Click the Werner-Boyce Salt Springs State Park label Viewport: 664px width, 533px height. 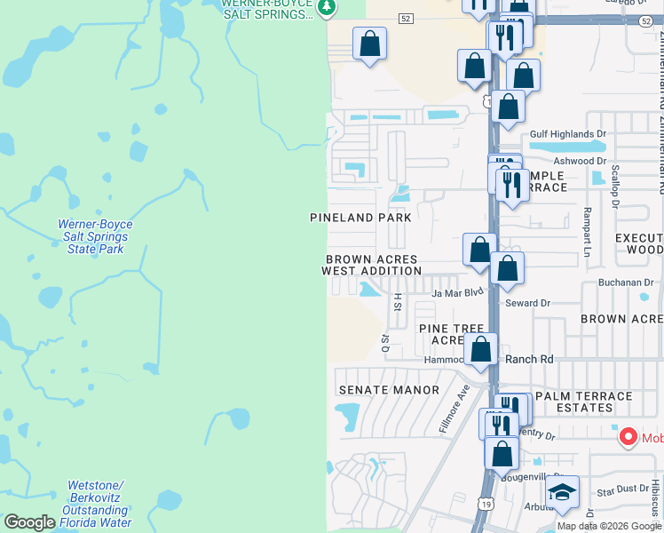tap(92, 236)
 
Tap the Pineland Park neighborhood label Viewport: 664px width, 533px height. tap(360, 218)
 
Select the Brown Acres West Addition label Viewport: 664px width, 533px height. tap(371, 265)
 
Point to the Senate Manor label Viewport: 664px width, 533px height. tap(389, 390)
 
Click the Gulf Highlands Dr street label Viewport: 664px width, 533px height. tap(567, 134)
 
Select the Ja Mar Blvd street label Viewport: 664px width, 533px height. tap(457, 292)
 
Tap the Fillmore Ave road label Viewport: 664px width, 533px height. tap(453, 410)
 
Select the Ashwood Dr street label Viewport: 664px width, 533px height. tap(579, 161)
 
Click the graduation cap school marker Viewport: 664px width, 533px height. tap(561, 493)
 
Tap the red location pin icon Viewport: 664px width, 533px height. tap(628, 436)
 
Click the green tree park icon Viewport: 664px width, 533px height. tap(327, 8)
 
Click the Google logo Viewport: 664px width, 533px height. tap(29, 522)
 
